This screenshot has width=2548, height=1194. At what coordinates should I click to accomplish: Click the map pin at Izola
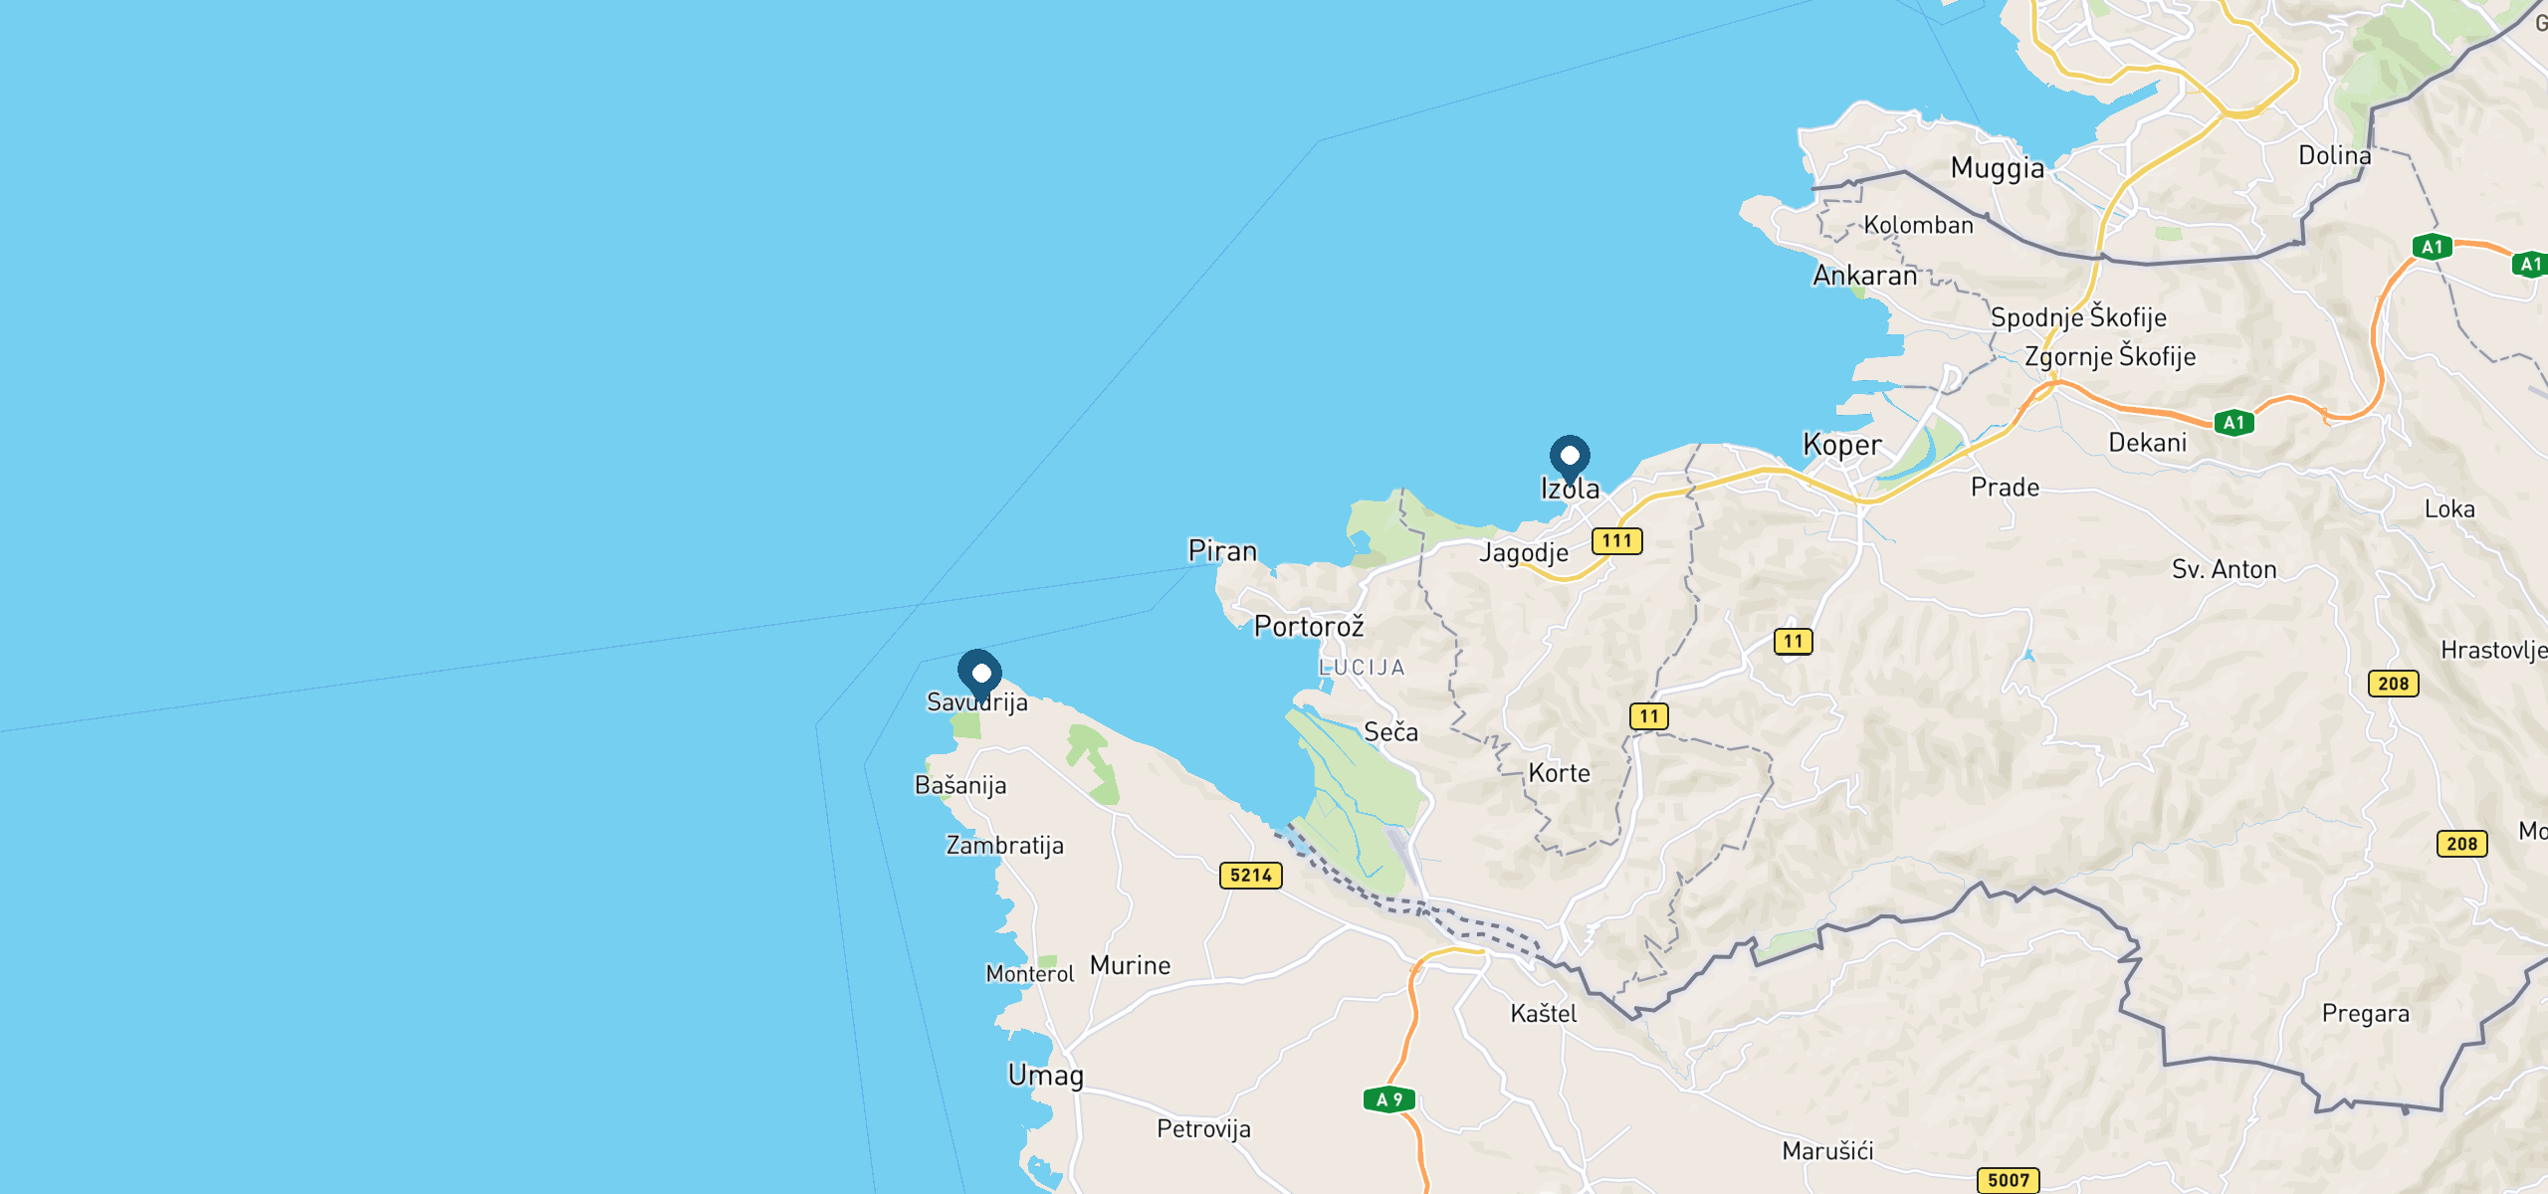1570,458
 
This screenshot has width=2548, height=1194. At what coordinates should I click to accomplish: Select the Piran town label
1222,551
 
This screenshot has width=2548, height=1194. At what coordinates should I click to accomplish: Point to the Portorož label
1308,627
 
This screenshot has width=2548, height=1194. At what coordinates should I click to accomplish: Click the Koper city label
1842,445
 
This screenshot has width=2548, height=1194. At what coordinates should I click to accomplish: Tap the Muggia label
1997,168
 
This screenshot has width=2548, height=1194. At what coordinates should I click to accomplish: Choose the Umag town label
1045,1076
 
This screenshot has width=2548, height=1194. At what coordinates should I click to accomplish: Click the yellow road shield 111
1616,541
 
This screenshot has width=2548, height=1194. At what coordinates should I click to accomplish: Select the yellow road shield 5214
1250,876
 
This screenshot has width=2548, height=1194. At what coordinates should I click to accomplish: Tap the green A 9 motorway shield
1388,1099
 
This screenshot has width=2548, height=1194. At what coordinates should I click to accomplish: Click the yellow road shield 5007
2008,1180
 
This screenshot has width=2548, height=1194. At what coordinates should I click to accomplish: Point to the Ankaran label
1864,276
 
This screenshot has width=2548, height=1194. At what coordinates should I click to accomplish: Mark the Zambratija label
1004,846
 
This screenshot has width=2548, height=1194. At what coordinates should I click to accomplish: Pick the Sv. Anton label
2224,570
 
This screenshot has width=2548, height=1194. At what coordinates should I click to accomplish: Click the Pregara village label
2365,1014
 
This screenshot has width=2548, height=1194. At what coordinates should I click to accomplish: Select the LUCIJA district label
1362,668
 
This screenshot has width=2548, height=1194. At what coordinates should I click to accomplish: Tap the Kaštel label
1543,1014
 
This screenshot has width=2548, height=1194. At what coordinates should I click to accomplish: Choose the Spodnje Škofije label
2078,317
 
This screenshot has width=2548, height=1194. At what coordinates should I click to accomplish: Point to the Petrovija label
1203,1129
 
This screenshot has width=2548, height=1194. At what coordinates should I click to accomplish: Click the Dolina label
2334,155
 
